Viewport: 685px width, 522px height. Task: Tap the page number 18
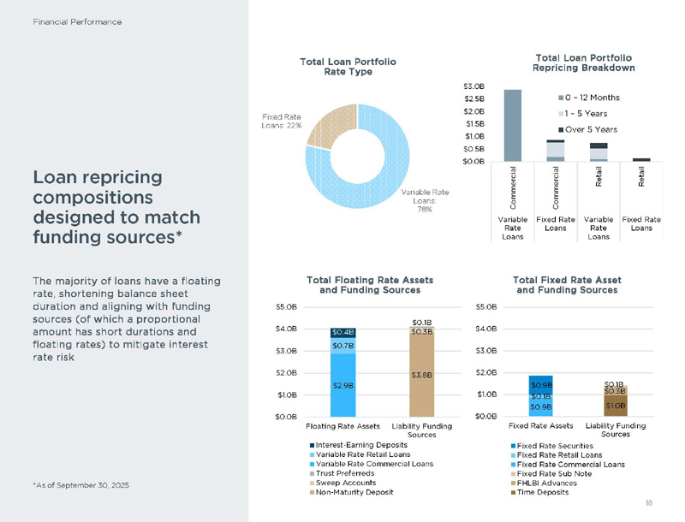click(648, 502)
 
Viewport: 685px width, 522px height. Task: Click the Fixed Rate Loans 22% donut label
click(282, 121)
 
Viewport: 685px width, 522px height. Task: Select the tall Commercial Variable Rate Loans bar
click(513, 125)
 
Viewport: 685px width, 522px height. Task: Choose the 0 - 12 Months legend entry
click(592, 98)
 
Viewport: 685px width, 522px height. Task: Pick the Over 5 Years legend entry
click(590, 129)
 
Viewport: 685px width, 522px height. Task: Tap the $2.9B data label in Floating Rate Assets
click(342, 386)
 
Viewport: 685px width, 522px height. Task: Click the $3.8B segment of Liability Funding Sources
click(421, 374)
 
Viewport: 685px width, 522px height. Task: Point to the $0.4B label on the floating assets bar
click(342, 332)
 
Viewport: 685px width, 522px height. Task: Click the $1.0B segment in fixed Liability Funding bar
click(615, 406)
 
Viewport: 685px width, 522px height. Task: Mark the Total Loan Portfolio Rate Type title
click(348, 67)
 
